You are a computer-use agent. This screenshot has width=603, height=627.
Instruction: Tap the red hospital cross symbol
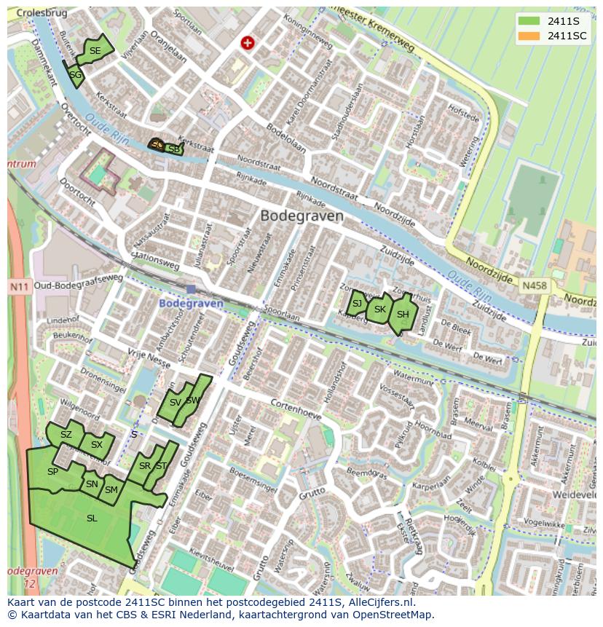(x=248, y=43)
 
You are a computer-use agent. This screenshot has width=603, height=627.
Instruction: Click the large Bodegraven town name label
(x=301, y=216)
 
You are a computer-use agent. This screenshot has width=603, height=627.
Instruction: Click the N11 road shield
(x=20, y=287)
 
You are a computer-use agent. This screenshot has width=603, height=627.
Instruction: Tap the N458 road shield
(x=534, y=287)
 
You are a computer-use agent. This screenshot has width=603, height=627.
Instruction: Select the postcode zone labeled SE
(x=95, y=50)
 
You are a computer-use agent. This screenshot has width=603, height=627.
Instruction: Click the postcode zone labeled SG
(x=75, y=74)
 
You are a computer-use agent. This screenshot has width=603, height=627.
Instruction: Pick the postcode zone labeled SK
(x=379, y=309)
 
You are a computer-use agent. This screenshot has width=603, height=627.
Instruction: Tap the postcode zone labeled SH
(x=402, y=315)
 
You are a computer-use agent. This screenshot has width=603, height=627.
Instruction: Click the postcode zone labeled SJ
(x=357, y=304)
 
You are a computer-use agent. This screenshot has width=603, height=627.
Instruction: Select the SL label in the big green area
(x=92, y=518)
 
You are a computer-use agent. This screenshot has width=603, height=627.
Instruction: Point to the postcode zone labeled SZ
(x=66, y=435)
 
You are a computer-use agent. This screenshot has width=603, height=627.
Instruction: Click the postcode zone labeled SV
(x=175, y=403)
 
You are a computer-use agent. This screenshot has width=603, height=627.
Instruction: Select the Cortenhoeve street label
(x=296, y=405)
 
